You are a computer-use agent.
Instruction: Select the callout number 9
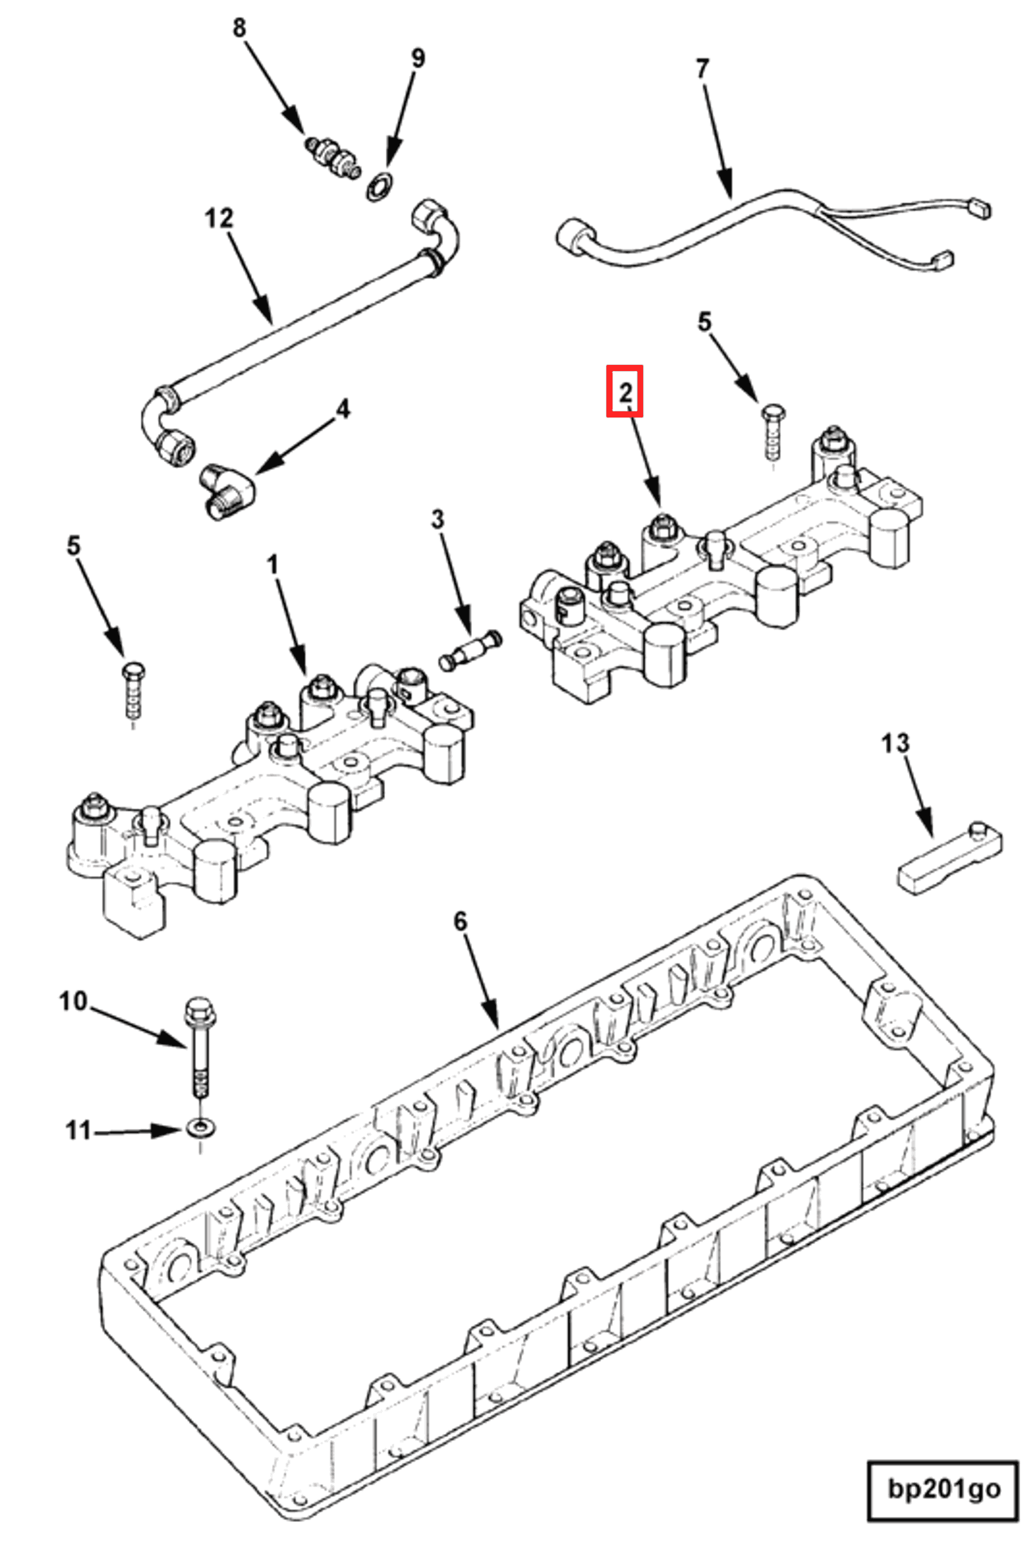417,58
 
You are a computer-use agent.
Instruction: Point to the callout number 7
702,68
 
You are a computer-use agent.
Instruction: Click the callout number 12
219,218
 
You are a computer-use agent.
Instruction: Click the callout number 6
460,921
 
